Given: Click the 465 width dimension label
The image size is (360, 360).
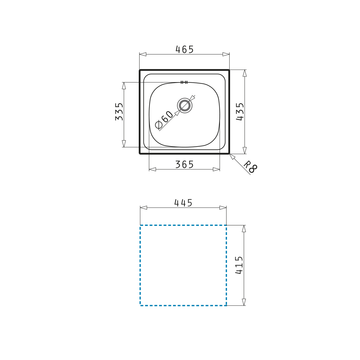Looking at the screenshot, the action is (x=184, y=49).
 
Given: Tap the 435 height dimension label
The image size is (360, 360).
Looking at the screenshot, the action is (x=240, y=112).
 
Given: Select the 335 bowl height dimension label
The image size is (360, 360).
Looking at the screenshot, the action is (x=119, y=112).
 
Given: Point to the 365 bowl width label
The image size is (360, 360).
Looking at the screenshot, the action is (x=184, y=165).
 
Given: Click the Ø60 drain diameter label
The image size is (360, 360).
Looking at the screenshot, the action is (x=164, y=120).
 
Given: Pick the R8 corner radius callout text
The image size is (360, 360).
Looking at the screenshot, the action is (x=250, y=167).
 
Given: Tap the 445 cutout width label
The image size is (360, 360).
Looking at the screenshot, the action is (x=183, y=203).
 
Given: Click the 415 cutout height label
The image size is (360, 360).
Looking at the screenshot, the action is (x=239, y=265).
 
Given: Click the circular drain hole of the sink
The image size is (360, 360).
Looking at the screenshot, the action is (x=184, y=105).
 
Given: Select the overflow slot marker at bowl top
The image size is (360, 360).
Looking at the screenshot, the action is (x=184, y=82).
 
